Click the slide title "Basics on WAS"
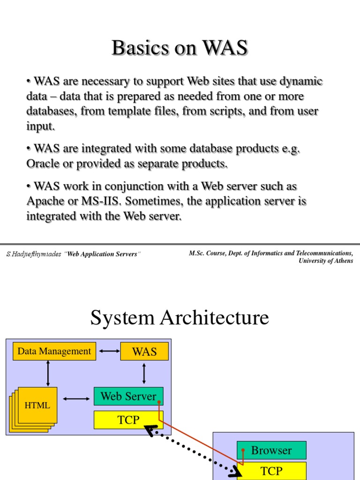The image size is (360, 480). click(180, 48)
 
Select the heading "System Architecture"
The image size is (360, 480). click(180, 318)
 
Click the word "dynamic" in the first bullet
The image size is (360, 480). click(301, 81)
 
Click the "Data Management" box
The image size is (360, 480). click(54, 351)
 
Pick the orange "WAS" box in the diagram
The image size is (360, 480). click(144, 351)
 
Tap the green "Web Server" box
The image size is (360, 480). click(128, 396)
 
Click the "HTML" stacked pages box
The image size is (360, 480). click(37, 405)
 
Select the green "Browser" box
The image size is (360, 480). click(271, 450)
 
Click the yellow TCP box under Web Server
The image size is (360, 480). click(128, 420)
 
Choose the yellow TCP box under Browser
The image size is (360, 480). click(271, 471)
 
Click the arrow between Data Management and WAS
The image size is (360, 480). click(108, 351)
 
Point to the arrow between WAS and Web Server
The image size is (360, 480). click(144, 374)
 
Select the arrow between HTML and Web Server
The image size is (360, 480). click(75, 398)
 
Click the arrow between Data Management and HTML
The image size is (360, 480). click(48, 374)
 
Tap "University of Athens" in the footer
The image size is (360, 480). click(326, 261)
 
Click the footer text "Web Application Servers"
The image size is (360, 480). click(103, 254)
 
